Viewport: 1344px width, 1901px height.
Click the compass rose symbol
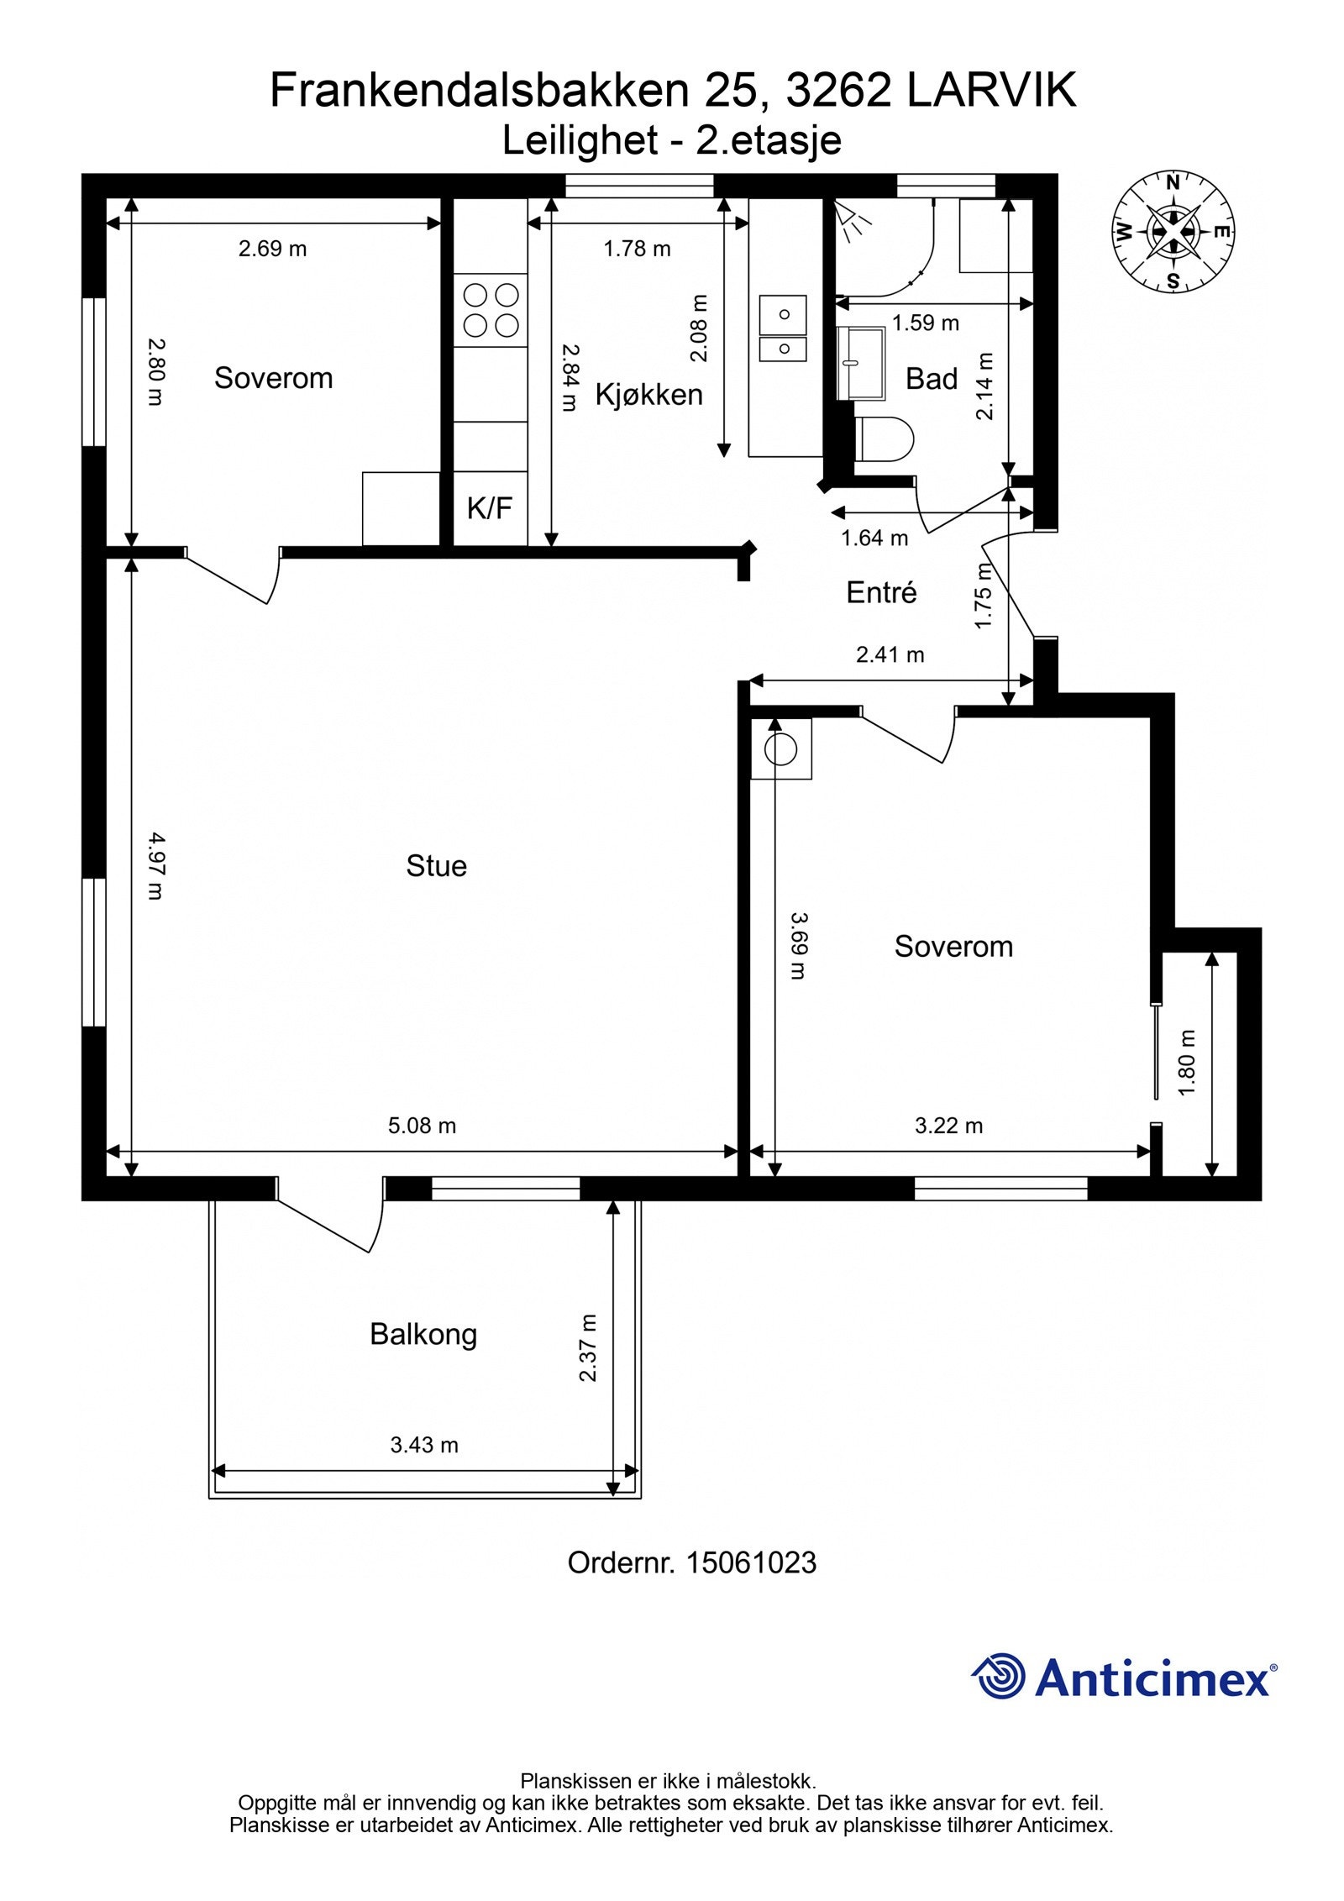tap(1173, 231)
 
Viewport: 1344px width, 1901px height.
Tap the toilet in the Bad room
tap(884, 438)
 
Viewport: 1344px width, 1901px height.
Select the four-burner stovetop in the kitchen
tap(491, 310)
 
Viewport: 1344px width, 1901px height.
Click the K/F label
tap(490, 507)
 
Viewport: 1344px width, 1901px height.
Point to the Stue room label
tap(436, 865)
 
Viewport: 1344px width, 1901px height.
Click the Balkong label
tap(423, 1335)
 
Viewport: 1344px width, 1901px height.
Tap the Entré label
tap(881, 592)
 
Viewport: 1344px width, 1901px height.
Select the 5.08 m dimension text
tap(422, 1126)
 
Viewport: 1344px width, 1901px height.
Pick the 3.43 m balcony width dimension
tap(424, 1445)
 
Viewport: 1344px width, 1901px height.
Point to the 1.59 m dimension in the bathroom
tap(926, 323)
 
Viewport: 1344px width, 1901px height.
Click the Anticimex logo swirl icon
tap(999, 1676)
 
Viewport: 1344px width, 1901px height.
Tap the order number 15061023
tap(751, 1562)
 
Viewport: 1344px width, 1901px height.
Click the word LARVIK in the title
tap(991, 90)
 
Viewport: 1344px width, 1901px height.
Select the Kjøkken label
tap(648, 394)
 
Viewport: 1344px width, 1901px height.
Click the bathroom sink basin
tap(861, 363)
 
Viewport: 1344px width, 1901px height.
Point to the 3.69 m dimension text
tap(799, 945)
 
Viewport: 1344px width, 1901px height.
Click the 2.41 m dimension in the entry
tap(890, 654)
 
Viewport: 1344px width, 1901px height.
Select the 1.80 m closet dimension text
tap(1187, 1063)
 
